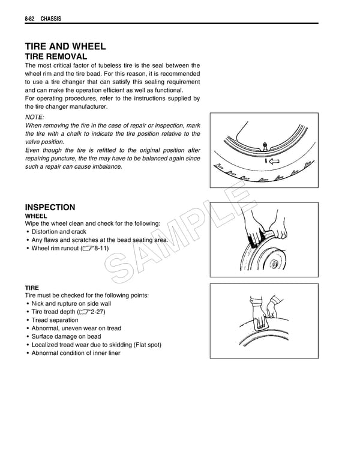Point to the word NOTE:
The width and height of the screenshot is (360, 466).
click(x=34, y=116)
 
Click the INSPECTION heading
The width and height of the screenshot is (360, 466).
click(x=50, y=207)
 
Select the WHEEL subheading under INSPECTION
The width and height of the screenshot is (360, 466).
click(x=35, y=215)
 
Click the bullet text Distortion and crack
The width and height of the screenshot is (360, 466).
click(x=59, y=232)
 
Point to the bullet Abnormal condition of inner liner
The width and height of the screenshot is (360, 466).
click(x=76, y=353)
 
